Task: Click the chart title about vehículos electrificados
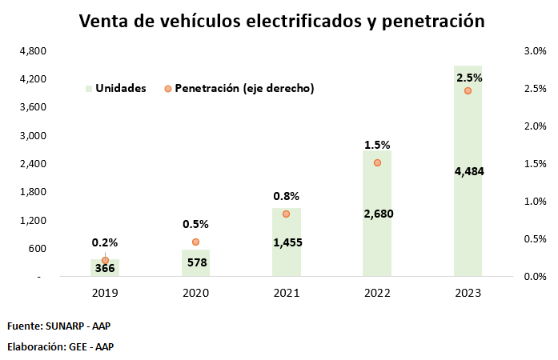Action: (x=282, y=22)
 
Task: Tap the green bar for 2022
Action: (x=377, y=232)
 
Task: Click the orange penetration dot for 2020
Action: (x=195, y=242)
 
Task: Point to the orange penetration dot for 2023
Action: (x=468, y=90)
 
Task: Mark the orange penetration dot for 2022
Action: (x=377, y=162)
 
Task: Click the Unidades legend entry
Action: (x=116, y=88)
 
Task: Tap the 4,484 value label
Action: (x=469, y=171)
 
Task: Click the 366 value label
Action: (x=105, y=269)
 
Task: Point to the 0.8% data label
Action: (x=287, y=195)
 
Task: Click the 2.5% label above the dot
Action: (x=469, y=78)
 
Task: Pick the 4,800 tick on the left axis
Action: (x=32, y=51)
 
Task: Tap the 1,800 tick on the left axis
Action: (x=32, y=192)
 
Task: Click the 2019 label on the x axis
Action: (x=105, y=294)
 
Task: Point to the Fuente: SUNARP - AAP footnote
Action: (x=62, y=326)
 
